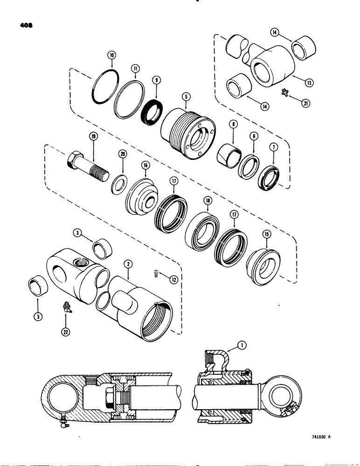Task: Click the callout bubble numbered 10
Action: click(x=111, y=55)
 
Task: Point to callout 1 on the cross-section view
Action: click(x=242, y=345)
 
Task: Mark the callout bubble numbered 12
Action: click(x=173, y=280)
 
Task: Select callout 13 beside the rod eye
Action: click(x=308, y=82)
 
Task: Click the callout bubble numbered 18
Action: click(x=208, y=202)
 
